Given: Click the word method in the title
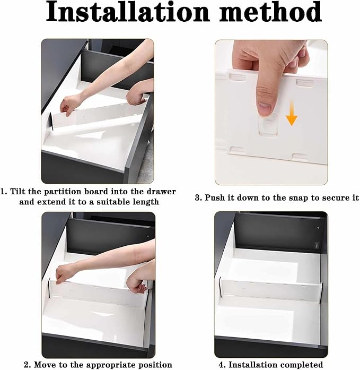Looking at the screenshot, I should [x=270, y=13].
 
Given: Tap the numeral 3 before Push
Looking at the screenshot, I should [x=198, y=197].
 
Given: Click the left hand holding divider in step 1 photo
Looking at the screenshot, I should [x=68, y=106].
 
